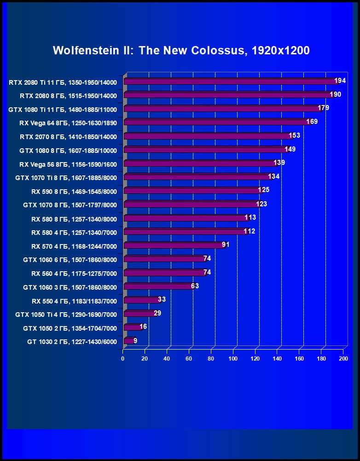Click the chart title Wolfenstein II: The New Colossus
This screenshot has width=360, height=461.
click(181, 50)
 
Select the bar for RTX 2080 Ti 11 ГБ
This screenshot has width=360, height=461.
click(230, 82)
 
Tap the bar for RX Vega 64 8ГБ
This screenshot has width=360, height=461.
click(216, 123)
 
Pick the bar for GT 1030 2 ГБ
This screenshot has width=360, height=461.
click(128, 341)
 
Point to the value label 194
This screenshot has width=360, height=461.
click(340, 81)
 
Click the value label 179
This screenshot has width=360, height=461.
click(324, 108)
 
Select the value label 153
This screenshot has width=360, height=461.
click(295, 135)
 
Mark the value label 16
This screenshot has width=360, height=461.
click(143, 327)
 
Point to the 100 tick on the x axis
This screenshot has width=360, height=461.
click(233, 359)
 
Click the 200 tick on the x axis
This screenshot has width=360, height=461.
click(343, 359)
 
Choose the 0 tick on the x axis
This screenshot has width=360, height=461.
click(123, 359)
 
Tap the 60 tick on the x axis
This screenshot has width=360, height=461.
click(189, 359)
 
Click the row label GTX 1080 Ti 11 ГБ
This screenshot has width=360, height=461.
click(63, 110)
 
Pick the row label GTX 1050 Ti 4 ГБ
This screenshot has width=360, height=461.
click(66, 315)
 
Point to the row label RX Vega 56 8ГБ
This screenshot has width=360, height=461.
click(68, 164)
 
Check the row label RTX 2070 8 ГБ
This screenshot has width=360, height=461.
click(68, 137)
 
